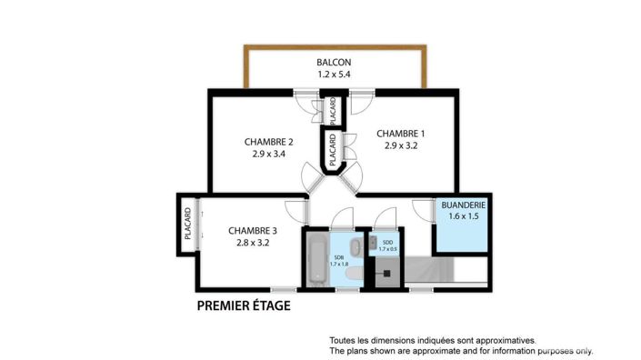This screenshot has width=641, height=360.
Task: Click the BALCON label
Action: (x=334, y=63)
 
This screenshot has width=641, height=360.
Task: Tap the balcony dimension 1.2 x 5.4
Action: (x=334, y=75)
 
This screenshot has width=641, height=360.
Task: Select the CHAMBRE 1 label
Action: (x=401, y=133)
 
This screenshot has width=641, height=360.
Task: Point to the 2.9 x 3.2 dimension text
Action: (x=401, y=145)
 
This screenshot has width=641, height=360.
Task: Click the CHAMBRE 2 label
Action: (x=268, y=142)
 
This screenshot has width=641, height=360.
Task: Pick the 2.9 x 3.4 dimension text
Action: (x=268, y=155)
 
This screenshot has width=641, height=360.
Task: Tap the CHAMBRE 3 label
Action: (x=253, y=231)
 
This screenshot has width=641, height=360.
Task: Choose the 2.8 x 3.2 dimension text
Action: (x=253, y=244)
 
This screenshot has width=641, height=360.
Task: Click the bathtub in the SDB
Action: (x=315, y=260)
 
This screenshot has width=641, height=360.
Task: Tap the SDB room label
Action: (x=338, y=258)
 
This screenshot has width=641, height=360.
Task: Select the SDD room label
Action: (x=387, y=242)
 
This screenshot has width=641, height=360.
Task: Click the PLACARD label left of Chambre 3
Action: (x=187, y=225)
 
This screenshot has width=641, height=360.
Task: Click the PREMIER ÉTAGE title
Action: (x=244, y=306)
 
